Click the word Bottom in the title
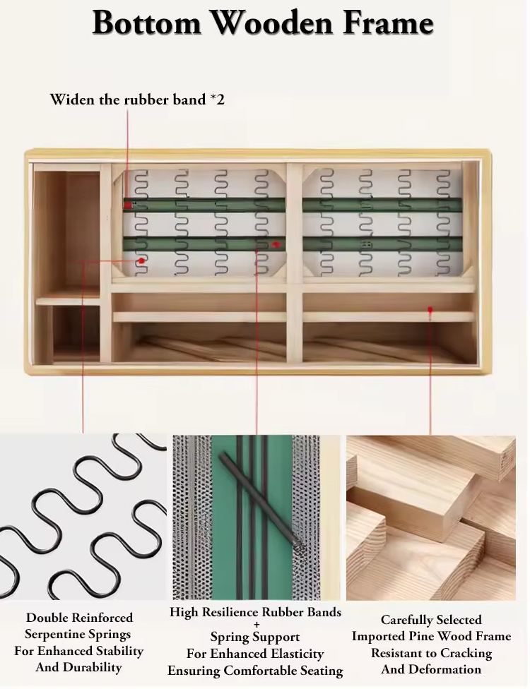[x=147, y=23]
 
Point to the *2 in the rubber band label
[x=217, y=100]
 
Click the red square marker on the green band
[x=127, y=205]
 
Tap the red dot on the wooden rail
[x=430, y=310]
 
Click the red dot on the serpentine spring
[x=141, y=260]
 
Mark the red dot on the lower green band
[x=276, y=244]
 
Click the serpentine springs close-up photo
[x=83, y=517]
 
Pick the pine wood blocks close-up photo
[x=431, y=518]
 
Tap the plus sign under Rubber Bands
[x=256, y=624]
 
